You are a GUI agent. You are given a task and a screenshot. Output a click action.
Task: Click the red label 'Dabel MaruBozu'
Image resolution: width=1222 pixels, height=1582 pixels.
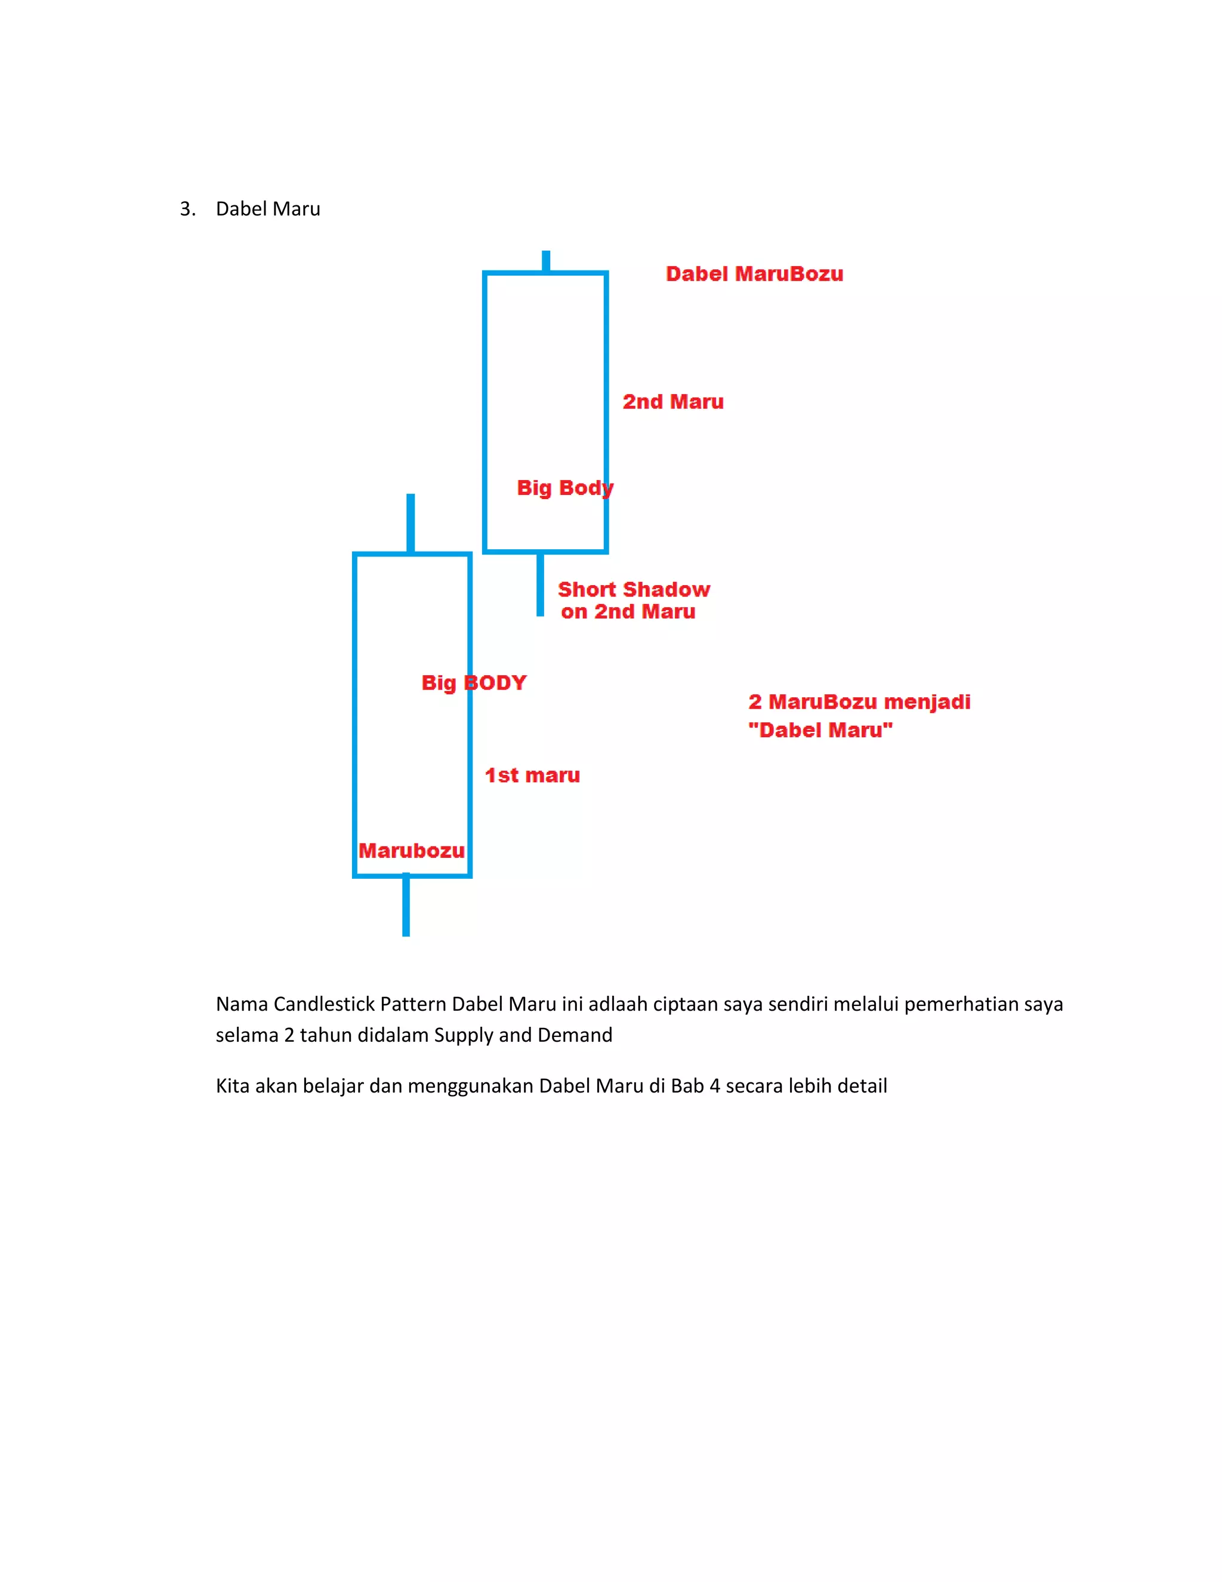[754, 274]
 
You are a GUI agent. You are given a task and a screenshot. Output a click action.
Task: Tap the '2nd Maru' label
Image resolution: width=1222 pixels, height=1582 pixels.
[672, 402]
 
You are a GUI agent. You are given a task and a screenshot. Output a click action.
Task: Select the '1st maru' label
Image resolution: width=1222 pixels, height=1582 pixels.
[532, 775]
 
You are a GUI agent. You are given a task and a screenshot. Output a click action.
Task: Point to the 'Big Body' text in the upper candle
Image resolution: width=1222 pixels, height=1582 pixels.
[564, 488]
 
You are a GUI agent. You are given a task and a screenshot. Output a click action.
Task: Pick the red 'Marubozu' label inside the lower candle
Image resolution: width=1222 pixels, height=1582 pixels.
[411, 850]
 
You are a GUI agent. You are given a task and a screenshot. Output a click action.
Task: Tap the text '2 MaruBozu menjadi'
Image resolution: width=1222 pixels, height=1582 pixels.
[859, 702]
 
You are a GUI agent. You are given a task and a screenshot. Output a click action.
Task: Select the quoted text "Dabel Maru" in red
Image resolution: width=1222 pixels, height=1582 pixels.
[820, 730]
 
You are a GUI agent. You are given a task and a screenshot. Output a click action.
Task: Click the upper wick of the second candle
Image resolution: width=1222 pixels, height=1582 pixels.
[546, 261]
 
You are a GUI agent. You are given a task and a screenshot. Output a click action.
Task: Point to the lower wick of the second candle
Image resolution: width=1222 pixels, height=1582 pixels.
[540, 584]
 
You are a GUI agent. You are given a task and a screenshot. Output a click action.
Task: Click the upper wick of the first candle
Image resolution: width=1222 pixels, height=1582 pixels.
[411, 523]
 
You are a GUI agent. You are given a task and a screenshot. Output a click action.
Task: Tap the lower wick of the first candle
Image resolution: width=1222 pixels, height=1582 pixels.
[406, 906]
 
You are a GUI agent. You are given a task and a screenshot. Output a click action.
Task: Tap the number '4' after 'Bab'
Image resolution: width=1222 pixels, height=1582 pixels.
[714, 1086]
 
